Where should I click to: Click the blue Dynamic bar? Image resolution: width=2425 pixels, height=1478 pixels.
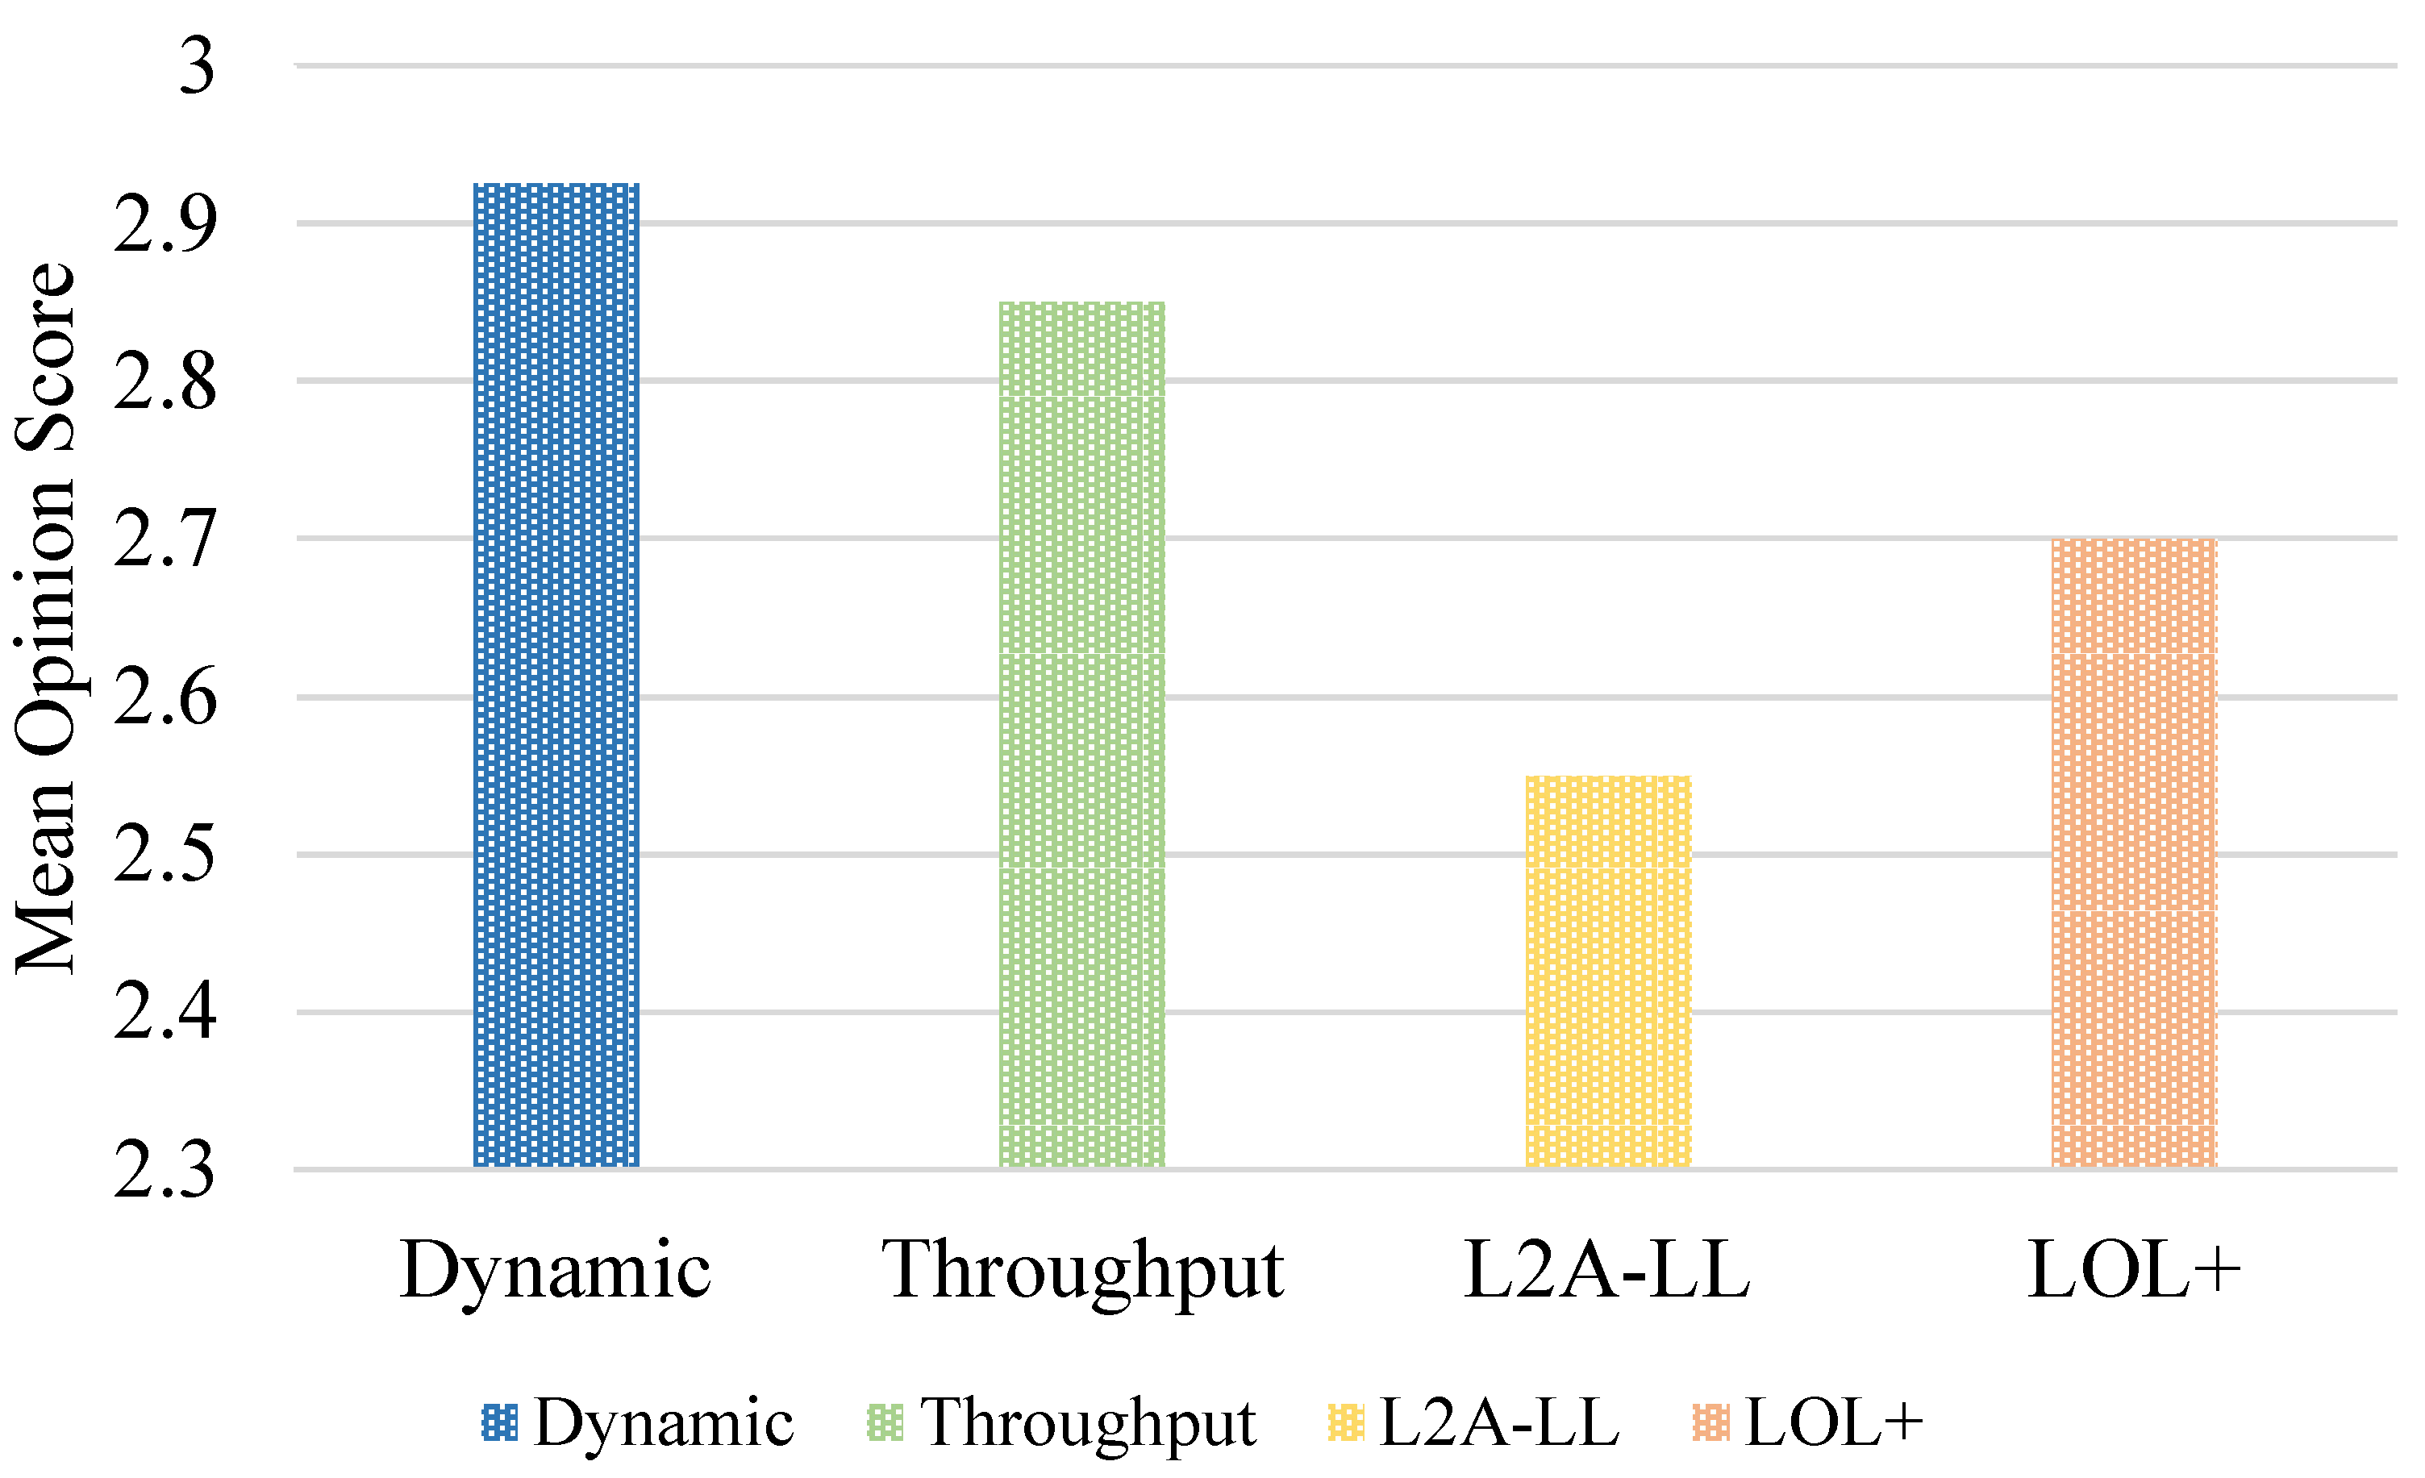[556, 675]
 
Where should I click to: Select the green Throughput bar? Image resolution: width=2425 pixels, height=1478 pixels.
[1081, 734]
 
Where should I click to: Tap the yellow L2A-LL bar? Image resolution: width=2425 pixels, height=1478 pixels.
[1608, 972]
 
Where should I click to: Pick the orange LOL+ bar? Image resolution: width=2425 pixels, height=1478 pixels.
[2134, 853]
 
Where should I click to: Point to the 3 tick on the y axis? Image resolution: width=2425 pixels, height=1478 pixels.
[197, 67]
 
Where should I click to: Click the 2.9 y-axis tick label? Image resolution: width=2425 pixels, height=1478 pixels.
[165, 224]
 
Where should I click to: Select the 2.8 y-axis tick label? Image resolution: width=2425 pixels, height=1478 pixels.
[165, 382]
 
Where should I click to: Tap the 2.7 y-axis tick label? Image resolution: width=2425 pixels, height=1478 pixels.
[165, 539]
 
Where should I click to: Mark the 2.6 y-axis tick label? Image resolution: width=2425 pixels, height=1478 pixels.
[165, 697]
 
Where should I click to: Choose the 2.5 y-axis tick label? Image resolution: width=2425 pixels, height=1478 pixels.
[165, 856]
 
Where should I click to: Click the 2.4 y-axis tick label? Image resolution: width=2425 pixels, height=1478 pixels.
[165, 1013]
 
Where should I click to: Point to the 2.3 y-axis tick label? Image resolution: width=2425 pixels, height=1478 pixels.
[165, 1171]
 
